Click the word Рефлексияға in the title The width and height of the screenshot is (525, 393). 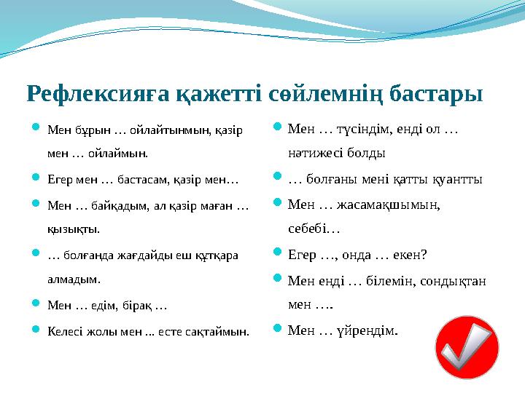(87, 94)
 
